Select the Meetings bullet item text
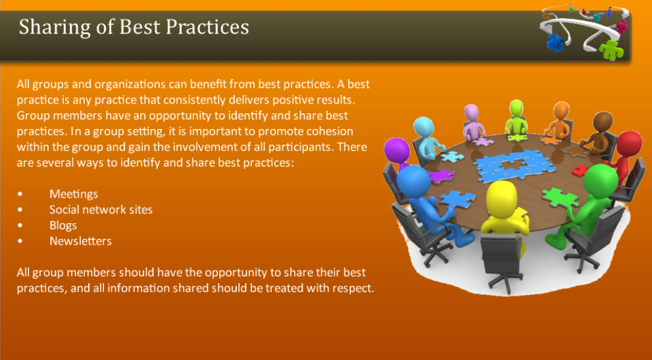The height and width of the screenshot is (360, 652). [x=74, y=194]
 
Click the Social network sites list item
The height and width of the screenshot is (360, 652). [x=101, y=210]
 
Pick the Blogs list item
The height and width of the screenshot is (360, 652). [x=63, y=226]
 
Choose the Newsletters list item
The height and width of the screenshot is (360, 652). [x=80, y=242]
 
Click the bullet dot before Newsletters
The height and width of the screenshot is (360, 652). [x=20, y=242]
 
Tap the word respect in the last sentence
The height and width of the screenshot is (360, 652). [x=353, y=288]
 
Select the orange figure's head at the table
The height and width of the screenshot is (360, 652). [x=561, y=111]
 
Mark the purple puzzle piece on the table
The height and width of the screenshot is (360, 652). [x=440, y=175]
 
